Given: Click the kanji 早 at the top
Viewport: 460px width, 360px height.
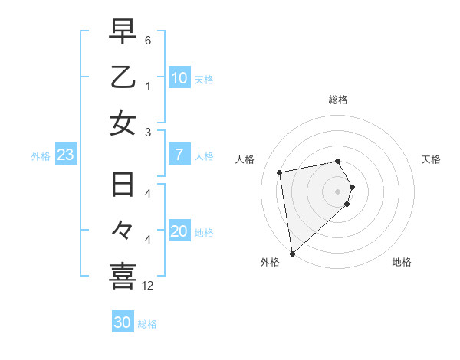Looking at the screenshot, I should click(x=123, y=32).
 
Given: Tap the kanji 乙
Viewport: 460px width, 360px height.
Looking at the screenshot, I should click(x=123, y=77).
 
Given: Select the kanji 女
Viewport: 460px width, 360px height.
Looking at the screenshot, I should click(x=123, y=123).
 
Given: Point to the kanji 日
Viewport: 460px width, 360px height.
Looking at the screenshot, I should click(x=123, y=186).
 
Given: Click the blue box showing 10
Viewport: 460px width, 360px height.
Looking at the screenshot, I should click(x=179, y=78).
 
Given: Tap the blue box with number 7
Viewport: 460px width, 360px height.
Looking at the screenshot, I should click(x=179, y=155).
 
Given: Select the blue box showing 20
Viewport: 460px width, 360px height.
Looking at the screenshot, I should click(x=179, y=232).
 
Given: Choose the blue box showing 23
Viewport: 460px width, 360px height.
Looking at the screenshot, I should click(x=65, y=155).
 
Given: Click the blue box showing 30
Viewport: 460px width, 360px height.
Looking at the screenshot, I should click(x=122, y=322).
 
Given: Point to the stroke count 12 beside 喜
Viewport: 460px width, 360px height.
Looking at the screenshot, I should click(x=147, y=286).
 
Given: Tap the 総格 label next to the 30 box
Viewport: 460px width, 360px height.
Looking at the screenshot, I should click(x=147, y=324).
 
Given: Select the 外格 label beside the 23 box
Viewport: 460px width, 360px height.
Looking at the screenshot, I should click(x=41, y=156).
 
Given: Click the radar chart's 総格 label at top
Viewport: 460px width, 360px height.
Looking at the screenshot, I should click(x=338, y=100).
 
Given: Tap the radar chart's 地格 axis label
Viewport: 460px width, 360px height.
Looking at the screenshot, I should click(x=402, y=262).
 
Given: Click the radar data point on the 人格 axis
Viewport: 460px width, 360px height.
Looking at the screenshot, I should click(x=280, y=172).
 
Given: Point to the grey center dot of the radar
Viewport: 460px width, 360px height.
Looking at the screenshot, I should click(x=338, y=191).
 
